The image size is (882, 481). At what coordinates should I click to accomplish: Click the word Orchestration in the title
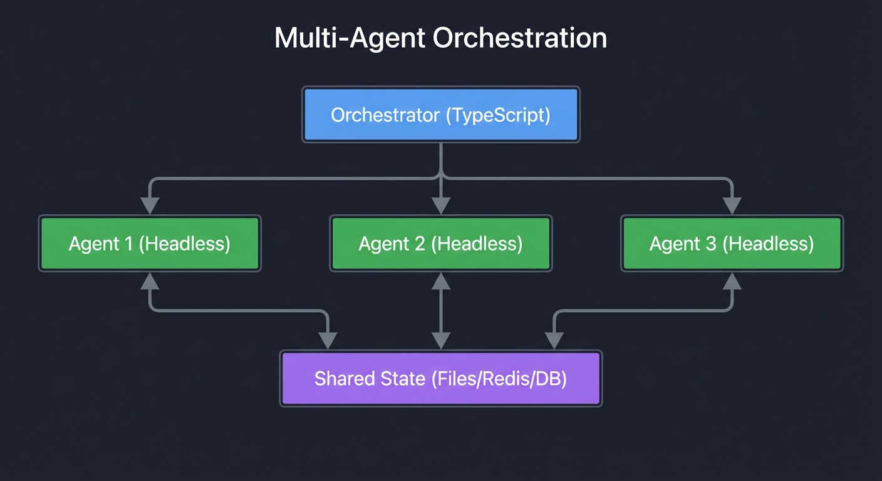520,39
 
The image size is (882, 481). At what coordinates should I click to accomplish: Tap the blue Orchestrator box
440,115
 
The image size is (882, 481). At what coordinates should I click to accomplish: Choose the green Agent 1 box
150,244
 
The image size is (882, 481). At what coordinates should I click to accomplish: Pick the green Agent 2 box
440,244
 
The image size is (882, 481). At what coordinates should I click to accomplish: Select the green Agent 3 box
732,244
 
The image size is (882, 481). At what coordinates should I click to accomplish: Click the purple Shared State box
440,379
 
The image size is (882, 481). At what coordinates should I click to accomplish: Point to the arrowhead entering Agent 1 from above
150,205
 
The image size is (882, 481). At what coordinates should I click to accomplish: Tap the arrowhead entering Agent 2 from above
441,205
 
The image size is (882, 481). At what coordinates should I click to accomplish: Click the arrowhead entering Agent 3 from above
732,205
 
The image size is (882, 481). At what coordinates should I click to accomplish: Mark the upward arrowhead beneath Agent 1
150,281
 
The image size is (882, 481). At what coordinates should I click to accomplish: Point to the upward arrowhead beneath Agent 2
441,281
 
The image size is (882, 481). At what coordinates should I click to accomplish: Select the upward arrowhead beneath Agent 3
732,281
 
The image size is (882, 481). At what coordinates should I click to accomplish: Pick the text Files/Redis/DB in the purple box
500,379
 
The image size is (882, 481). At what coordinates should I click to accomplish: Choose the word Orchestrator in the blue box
385,116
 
